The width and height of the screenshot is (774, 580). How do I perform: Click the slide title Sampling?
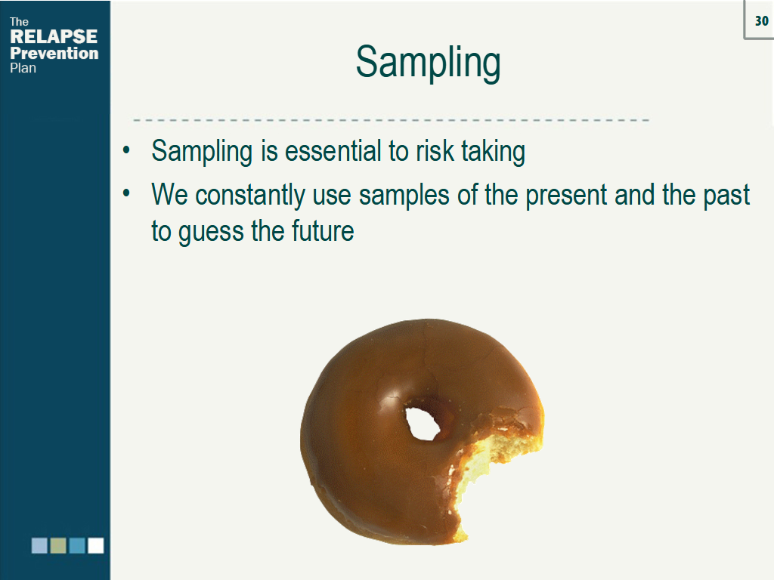(x=428, y=63)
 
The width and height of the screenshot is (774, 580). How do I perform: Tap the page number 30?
(x=761, y=21)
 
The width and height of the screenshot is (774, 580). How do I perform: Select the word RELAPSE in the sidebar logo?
(x=54, y=37)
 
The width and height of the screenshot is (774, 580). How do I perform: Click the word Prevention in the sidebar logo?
(x=54, y=54)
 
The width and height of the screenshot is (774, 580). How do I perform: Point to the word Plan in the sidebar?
(x=23, y=68)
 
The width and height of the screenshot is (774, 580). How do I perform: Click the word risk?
(x=432, y=151)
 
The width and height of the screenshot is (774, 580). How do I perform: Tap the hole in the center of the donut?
(x=422, y=424)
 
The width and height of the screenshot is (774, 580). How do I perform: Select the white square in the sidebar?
(x=95, y=545)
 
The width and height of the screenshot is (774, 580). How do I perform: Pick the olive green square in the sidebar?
(x=58, y=545)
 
